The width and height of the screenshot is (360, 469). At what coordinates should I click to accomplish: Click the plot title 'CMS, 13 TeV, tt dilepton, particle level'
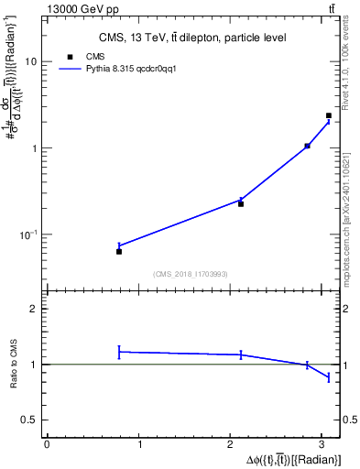pyautogui.click(x=192, y=38)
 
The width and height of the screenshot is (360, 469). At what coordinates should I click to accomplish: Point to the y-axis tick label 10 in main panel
pyautogui.click(x=31, y=61)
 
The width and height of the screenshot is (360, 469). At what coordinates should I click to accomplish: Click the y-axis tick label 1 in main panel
pyautogui.click(x=34, y=148)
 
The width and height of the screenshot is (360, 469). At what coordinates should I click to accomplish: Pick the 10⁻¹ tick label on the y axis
pyautogui.click(x=29, y=235)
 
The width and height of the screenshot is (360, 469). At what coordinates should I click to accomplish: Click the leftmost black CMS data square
pyautogui.click(x=119, y=251)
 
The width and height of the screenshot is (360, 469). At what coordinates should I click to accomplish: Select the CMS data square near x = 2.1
pyautogui.click(x=241, y=203)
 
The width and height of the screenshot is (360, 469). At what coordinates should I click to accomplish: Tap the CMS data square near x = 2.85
pyautogui.click(x=307, y=146)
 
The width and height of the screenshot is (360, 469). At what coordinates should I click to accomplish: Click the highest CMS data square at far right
pyautogui.click(x=329, y=115)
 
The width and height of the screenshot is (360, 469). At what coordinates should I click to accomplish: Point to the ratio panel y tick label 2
pyautogui.click(x=34, y=309)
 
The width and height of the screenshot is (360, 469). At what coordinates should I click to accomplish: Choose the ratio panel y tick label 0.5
pyautogui.click(x=31, y=420)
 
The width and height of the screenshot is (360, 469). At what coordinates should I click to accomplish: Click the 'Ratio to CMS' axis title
pyautogui.click(x=14, y=364)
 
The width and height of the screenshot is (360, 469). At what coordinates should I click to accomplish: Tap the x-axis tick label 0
pyautogui.click(x=47, y=445)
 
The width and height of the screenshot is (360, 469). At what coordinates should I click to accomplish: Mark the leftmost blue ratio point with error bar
pyautogui.click(x=119, y=352)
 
